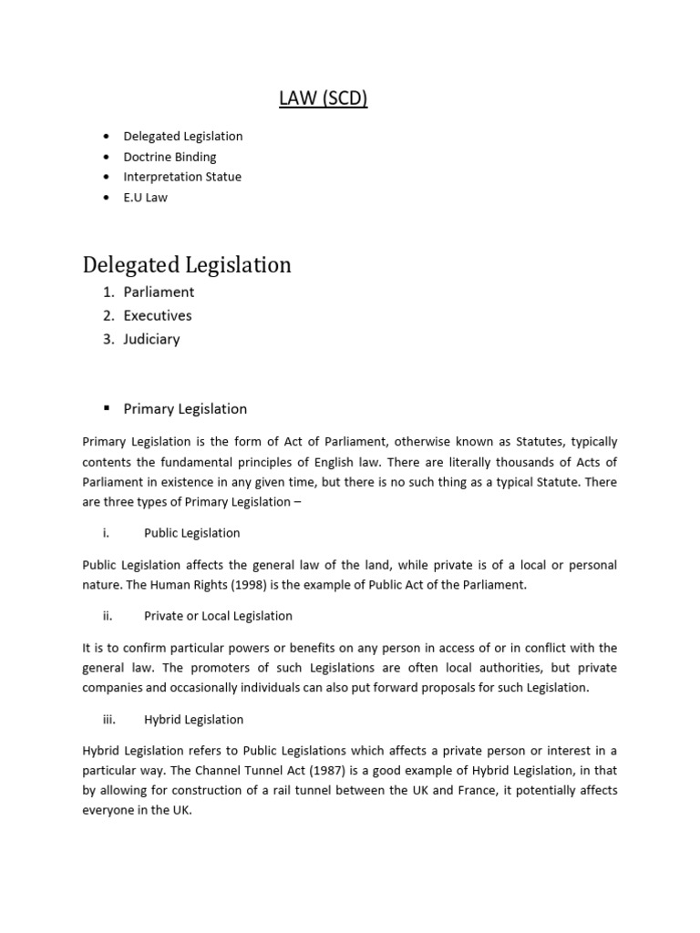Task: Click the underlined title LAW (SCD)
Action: (323, 97)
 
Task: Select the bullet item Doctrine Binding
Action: (170, 157)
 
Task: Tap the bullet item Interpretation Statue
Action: (182, 177)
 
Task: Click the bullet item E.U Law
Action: (146, 197)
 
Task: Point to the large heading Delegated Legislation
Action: (187, 265)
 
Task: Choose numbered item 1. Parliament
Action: (159, 292)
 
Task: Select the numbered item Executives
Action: (158, 315)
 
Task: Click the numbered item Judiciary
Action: (151, 339)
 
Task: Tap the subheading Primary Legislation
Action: (185, 408)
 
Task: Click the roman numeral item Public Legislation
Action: (191, 532)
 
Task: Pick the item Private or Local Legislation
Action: (218, 616)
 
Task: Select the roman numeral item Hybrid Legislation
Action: (193, 720)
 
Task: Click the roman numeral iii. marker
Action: (109, 720)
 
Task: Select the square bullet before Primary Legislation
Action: (107, 408)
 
